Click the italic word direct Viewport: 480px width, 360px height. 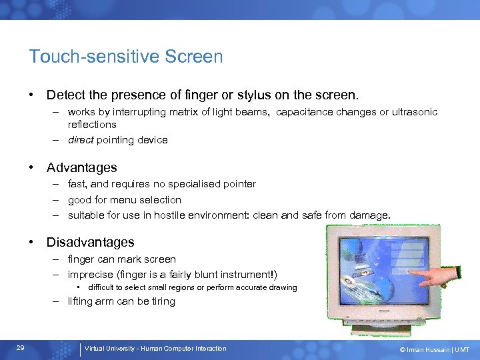pos(81,140)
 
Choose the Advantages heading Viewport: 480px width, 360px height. pos(81,168)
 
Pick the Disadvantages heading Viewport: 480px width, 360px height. pos(90,243)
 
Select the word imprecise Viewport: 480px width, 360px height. pos(90,275)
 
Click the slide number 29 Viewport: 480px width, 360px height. pos(21,349)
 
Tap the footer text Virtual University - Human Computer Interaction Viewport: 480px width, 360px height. pos(155,349)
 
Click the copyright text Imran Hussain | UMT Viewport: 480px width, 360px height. pos(434,349)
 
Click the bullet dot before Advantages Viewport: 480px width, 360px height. pos(32,168)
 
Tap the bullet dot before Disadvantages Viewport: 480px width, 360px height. pos(32,243)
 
